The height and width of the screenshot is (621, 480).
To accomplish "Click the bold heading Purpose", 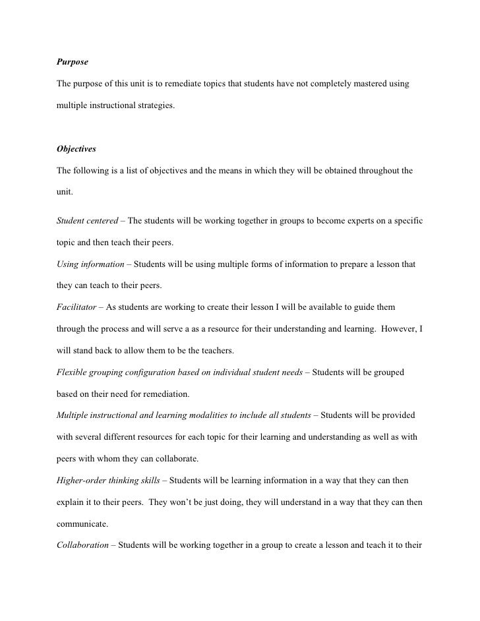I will [72, 63].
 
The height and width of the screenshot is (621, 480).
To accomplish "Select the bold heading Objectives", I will [76, 149].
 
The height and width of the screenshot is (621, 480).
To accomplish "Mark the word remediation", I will [167, 394].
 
